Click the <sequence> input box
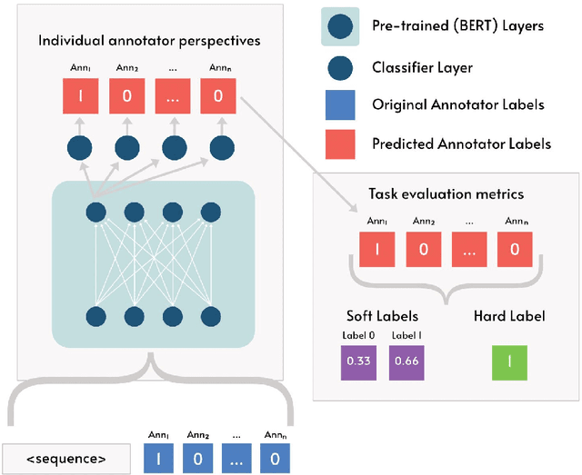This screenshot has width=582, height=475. pyautogui.click(x=65, y=459)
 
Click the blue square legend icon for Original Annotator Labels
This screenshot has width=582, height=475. pyautogui.click(x=339, y=104)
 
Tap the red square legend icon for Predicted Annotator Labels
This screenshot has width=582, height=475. pyautogui.click(x=339, y=143)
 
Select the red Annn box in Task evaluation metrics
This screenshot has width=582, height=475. pyautogui.click(x=515, y=248)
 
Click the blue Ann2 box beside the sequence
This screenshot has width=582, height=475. pyautogui.click(x=196, y=458)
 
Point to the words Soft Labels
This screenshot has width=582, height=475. pyautogui.click(x=382, y=316)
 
